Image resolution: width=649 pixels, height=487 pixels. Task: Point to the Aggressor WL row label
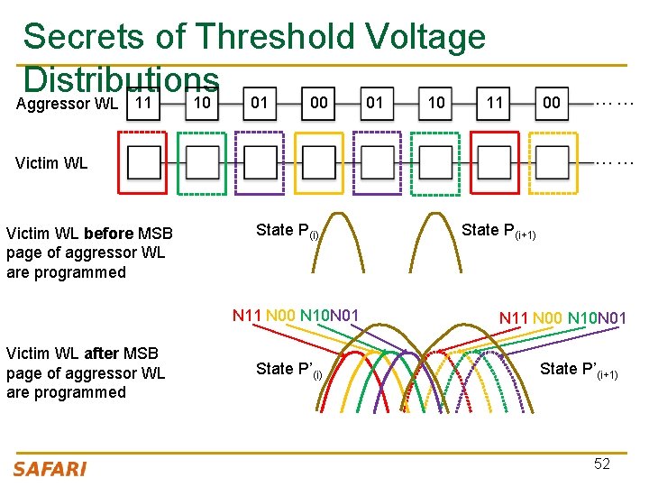tap(68, 104)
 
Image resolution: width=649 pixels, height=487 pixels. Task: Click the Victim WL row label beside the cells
tap(51, 163)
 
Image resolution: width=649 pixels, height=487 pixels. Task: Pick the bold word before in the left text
tap(105, 234)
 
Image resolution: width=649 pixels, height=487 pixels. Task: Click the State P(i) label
tap(288, 231)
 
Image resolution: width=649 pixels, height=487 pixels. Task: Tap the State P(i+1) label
tap(498, 231)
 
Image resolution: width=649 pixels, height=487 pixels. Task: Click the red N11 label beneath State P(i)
tap(247, 316)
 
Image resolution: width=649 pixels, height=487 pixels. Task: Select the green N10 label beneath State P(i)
tap(315, 316)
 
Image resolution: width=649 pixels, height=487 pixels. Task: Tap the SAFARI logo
tap(50, 469)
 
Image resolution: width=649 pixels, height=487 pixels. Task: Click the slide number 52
tap(602, 464)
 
